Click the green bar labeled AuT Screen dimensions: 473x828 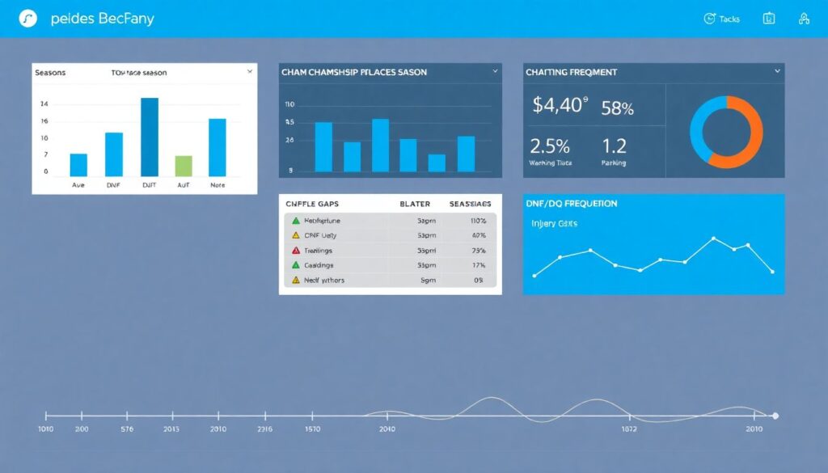pos(184,166)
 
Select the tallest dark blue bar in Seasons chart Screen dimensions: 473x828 pos(150,137)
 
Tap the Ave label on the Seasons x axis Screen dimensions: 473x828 pos(78,184)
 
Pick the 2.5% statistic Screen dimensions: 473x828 pos(550,146)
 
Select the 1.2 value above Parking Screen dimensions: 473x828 pos(615,146)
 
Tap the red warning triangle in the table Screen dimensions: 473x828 pos(296,251)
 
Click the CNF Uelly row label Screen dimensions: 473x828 pos(320,235)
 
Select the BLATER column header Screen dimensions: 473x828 pos(415,205)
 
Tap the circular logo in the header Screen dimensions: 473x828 pos(28,19)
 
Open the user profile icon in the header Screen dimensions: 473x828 pos(804,19)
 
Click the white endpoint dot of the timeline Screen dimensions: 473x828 pos(775,416)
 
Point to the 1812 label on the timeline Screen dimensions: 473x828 pos(631,429)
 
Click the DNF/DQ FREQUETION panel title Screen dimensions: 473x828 pos(572,204)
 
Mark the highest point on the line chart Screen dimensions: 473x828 pos(713,239)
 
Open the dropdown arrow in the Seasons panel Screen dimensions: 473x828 pos(250,72)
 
